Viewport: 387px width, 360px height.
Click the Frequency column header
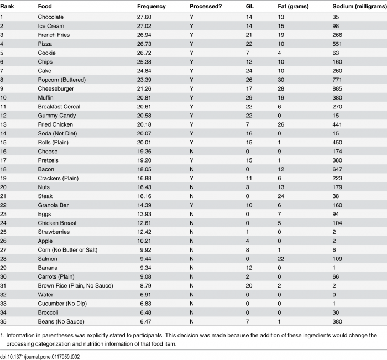click(151, 7)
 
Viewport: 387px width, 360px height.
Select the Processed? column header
click(206, 7)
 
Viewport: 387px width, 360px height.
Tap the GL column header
click(250, 7)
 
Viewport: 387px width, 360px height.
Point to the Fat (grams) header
click(293, 7)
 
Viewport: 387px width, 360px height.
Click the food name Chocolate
click(51, 17)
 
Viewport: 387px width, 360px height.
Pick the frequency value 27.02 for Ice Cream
click(144, 26)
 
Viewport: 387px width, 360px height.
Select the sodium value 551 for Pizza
click(337, 44)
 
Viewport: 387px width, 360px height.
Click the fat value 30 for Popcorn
click(281, 80)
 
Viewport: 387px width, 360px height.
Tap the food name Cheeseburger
click(56, 88)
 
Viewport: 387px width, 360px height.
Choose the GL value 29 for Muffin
click(249, 97)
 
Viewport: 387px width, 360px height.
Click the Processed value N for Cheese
click(192, 152)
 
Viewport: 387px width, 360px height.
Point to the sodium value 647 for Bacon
click(337, 169)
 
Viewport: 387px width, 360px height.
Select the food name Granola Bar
click(53, 205)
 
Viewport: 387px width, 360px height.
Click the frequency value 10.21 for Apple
click(144, 241)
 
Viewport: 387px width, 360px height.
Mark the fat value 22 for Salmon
click(281, 259)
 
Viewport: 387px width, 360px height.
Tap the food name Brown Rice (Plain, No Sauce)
click(75, 286)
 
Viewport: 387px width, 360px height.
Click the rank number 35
click(3, 321)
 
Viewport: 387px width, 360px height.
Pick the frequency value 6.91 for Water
click(145, 295)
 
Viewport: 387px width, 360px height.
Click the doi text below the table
click(40, 357)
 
